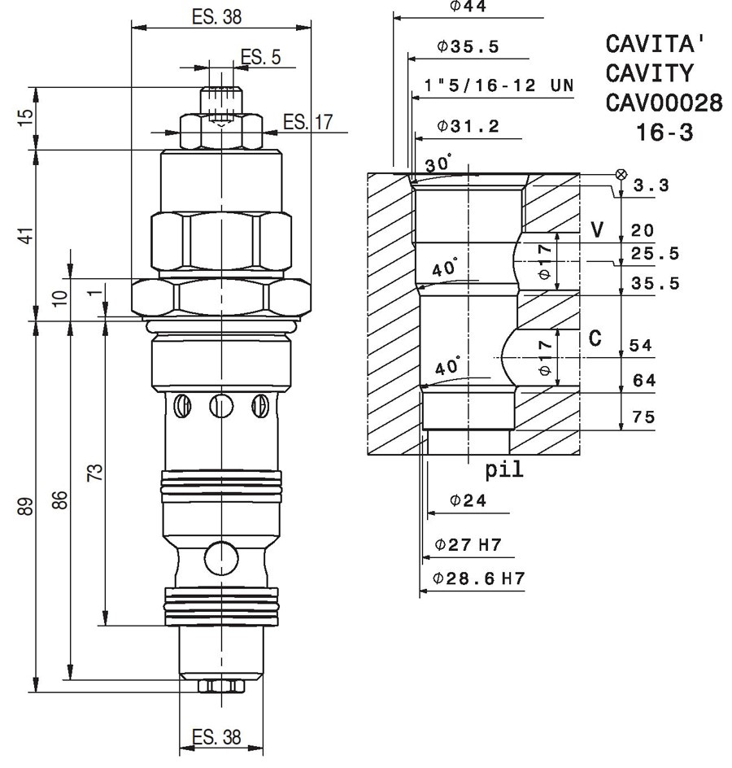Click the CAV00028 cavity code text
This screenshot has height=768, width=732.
pos(664,103)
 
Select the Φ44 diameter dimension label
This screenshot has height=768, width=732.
pos(468,6)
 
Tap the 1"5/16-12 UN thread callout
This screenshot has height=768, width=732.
pos(499,85)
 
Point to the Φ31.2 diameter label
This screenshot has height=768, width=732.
pos(468,126)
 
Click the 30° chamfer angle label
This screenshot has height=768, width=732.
pos(438,164)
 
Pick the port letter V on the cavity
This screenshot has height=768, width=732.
pos(597,229)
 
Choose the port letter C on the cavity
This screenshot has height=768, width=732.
pos(595,338)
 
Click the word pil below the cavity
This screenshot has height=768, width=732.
pos(503,469)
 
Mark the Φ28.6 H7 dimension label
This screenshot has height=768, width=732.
pos(478,578)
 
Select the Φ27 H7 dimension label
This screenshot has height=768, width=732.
pos(468,544)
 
